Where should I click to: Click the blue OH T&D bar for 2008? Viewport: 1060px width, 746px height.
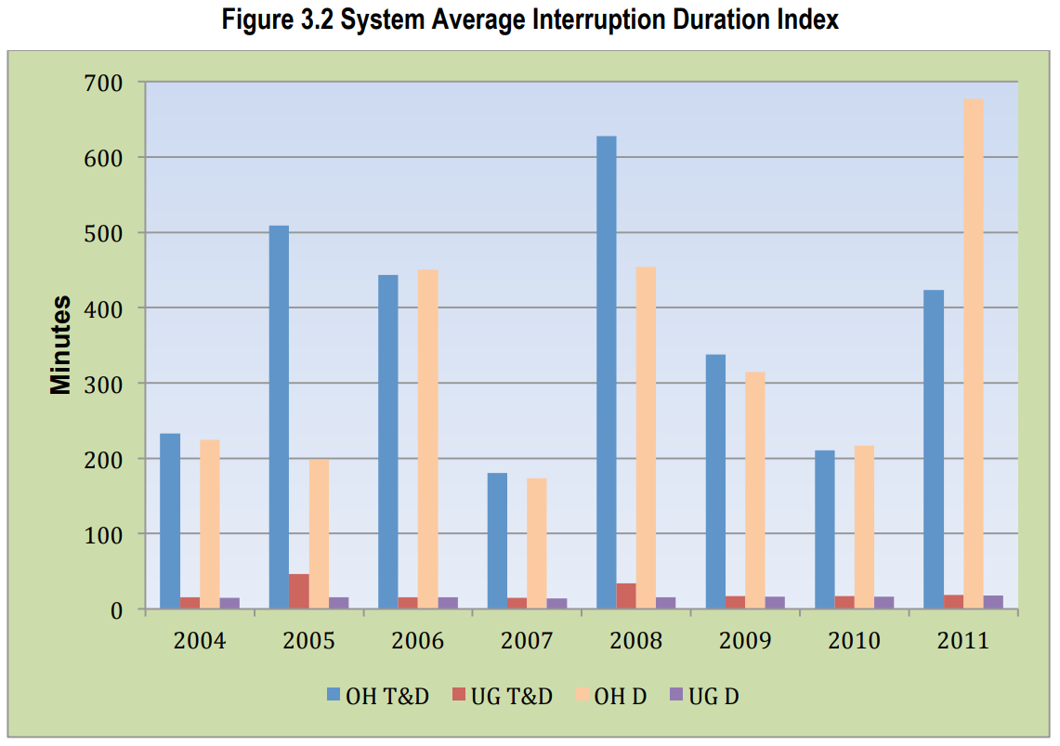[x=606, y=373]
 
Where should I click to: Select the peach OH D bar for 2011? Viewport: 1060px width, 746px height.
[x=974, y=354]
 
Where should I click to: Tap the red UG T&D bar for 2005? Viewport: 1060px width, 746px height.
[x=298, y=592]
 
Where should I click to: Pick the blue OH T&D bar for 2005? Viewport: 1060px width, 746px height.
[x=279, y=417]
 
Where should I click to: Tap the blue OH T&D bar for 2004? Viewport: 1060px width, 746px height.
[x=170, y=521]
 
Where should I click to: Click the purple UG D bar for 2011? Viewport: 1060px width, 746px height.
[x=993, y=602]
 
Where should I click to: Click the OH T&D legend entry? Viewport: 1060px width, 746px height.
[x=377, y=696]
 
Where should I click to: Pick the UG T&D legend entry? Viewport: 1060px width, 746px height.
[x=503, y=696]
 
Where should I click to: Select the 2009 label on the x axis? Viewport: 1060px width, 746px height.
[x=745, y=641]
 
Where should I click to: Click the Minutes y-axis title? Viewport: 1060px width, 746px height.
[x=61, y=345]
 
